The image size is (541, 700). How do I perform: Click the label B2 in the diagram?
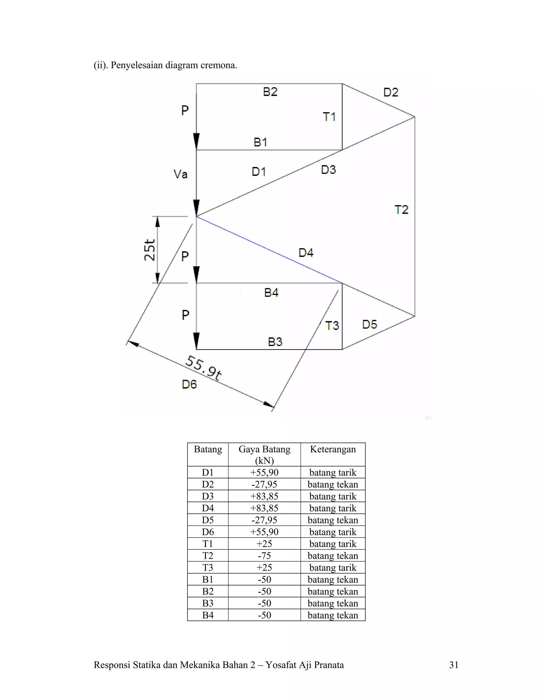point(270,92)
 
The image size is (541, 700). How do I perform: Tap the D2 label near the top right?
point(391,93)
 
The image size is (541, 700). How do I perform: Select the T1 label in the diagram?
point(329,117)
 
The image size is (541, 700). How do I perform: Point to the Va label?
point(180,174)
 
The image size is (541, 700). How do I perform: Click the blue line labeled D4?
point(269,250)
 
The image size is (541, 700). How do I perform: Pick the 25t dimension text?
point(150,250)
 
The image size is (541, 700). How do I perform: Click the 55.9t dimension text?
point(203,368)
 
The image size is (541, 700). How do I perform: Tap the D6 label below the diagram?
point(189,384)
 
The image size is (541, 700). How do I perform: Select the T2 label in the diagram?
point(401,210)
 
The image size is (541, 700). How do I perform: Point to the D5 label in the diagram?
point(370,324)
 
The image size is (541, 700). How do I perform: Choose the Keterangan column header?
point(333,449)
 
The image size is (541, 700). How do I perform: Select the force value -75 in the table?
point(264,556)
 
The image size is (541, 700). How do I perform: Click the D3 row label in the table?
point(208,496)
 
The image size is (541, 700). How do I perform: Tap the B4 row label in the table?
point(208,615)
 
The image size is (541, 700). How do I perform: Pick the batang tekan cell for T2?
point(333,556)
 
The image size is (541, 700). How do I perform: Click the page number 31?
point(454,665)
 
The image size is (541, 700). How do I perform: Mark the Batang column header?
point(208,449)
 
